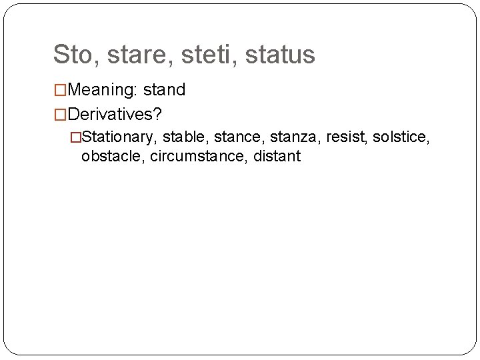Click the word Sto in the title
pos(71,55)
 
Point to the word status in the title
pos(280,55)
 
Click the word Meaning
pos(100,89)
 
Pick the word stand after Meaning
pos(164,89)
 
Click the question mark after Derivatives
pos(157,114)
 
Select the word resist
pos(345,137)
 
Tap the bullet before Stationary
pos(75,137)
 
